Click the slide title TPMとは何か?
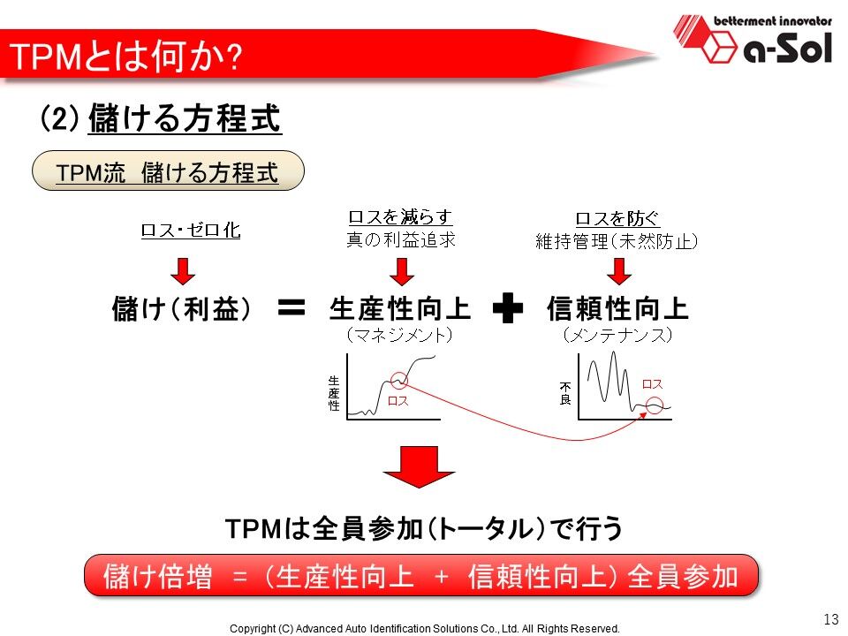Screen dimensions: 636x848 124,57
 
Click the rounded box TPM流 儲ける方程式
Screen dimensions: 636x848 167,172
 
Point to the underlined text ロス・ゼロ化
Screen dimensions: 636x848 190,231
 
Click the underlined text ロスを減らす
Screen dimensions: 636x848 400,217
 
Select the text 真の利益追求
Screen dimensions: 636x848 400,240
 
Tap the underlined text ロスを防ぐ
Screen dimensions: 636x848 617,218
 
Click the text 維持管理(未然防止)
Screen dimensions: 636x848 617,240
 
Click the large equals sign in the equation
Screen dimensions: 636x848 291,307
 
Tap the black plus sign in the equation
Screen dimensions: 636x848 508,309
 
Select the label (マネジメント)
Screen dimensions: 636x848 399,336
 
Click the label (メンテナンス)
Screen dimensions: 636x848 617,336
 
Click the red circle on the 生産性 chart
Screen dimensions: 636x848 399,380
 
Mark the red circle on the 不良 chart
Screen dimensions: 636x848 654,407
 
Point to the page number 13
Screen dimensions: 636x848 829,617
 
